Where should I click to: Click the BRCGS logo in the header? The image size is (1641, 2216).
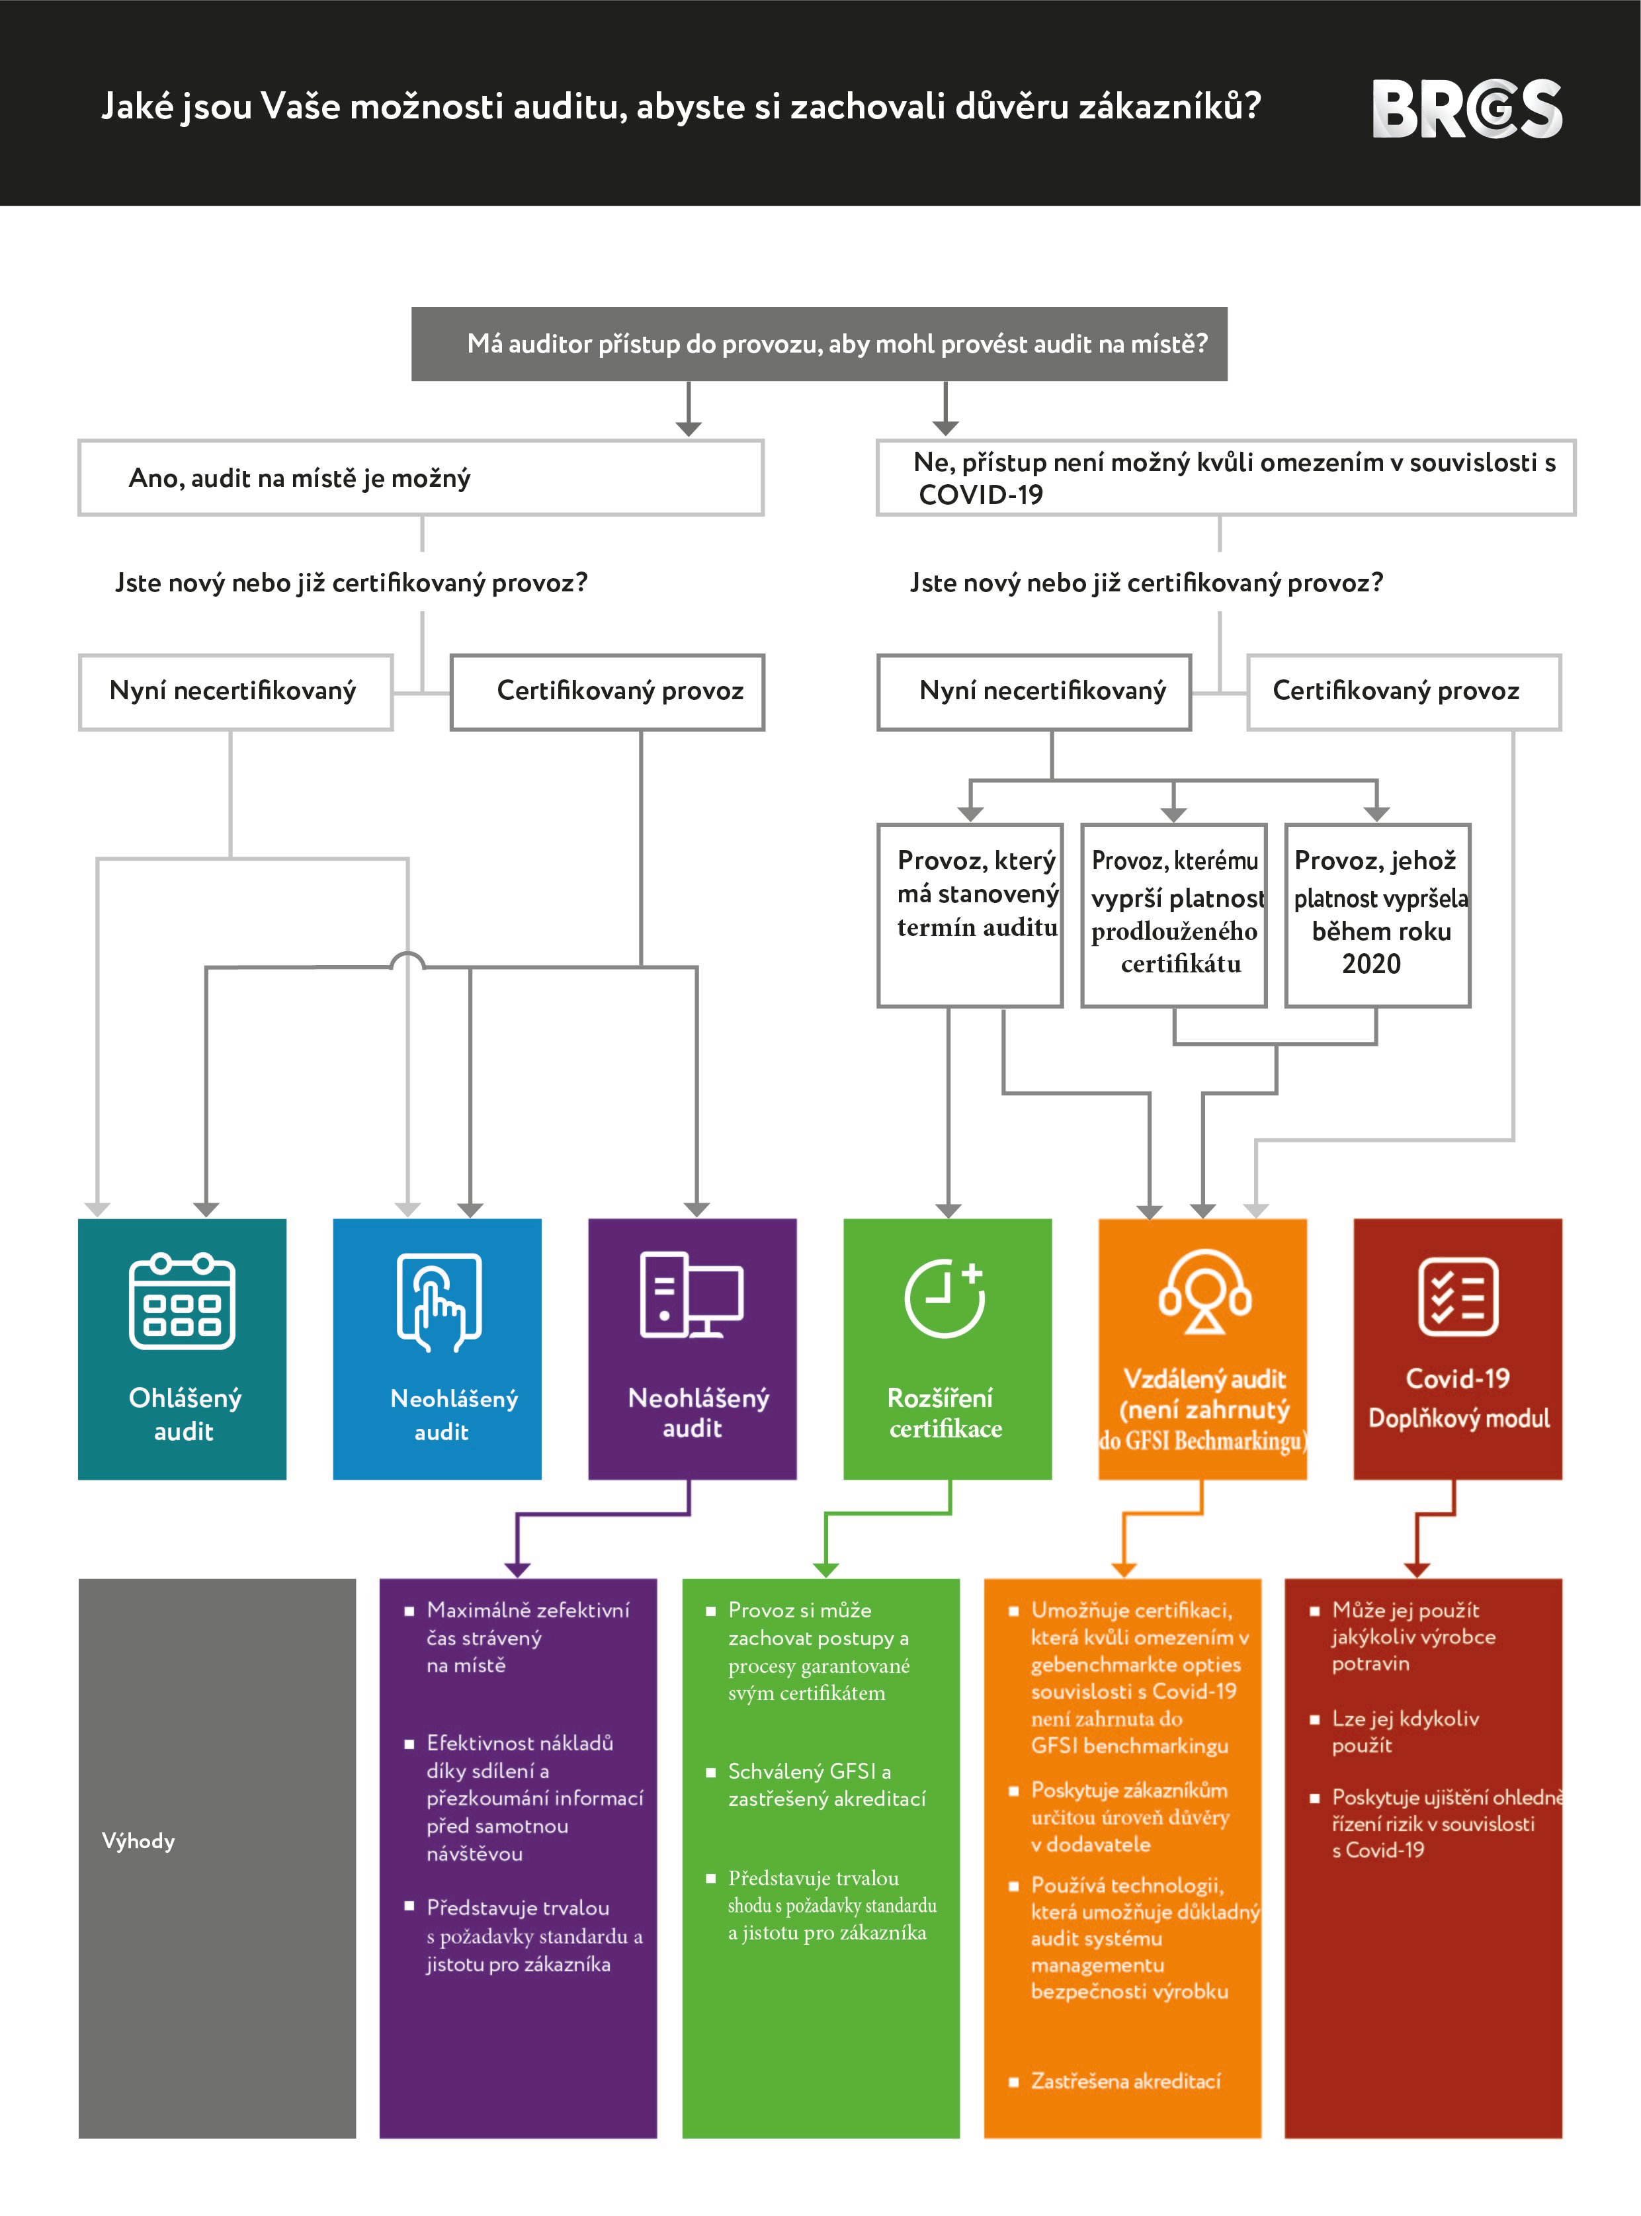pos(1466,108)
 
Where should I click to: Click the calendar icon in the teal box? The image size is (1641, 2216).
pos(182,1301)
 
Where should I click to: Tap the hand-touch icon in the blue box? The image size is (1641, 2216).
pos(438,1301)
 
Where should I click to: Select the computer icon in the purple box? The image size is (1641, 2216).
pos(691,1295)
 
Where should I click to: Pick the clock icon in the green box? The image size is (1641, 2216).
pos(944,1297)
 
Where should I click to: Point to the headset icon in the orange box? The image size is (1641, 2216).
pos(1204,1291)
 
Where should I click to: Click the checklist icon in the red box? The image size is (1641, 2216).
pos(1457,1297)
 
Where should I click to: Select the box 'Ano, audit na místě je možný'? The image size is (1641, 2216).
pos(420,478)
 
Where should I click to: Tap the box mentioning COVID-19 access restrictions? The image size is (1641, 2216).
pos(1225,478)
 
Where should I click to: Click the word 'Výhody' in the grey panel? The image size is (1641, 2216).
pos(138,1840)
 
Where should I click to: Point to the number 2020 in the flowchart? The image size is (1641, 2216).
pos(1371,964)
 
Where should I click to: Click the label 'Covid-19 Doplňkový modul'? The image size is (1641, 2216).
pos(1457,1398)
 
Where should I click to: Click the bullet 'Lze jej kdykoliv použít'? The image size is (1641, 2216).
pos(1405,1731)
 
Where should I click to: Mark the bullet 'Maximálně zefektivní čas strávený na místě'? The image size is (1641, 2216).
pos(526,1637)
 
